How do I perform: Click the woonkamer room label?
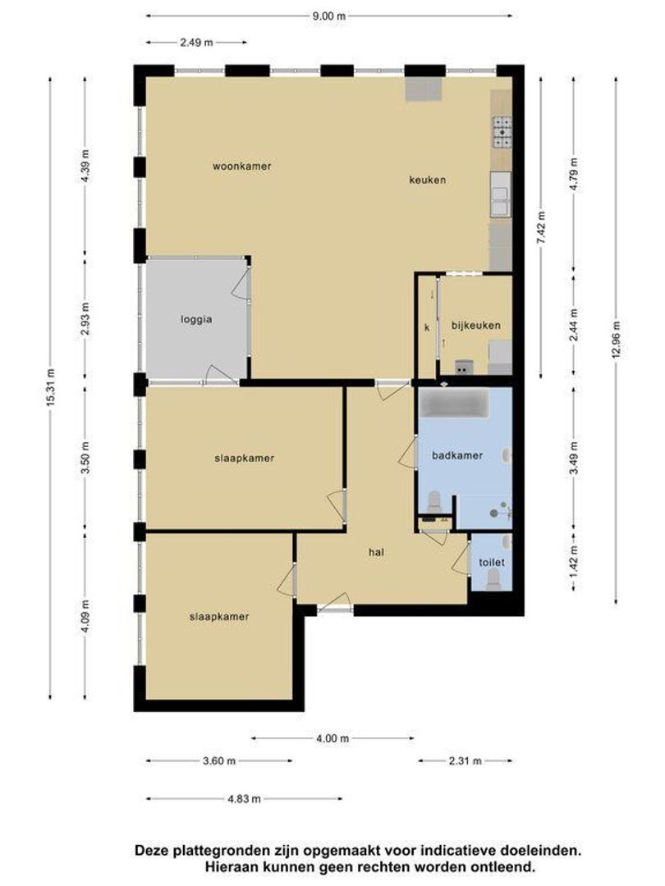coord(241,166)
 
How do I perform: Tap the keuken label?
coord(428,180)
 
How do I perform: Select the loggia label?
coord(196,319)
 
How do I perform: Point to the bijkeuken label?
coord(475,326)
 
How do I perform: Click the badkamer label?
coord(457,455)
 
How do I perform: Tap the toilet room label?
coord(492,562)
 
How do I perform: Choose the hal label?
coord(376,552)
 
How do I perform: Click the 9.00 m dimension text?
coord(329,16)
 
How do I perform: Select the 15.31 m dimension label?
coord(50,387)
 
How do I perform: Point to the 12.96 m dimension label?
coord(616,340)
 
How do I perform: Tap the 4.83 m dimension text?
coord(245,798)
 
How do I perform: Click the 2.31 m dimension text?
coord(465,760)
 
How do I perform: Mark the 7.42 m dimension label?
coord(541,227)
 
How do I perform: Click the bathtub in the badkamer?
coord(453,404)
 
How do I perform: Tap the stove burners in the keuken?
coord(502,131)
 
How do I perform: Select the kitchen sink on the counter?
coord(501,194)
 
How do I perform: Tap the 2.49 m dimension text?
coord(197,43)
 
